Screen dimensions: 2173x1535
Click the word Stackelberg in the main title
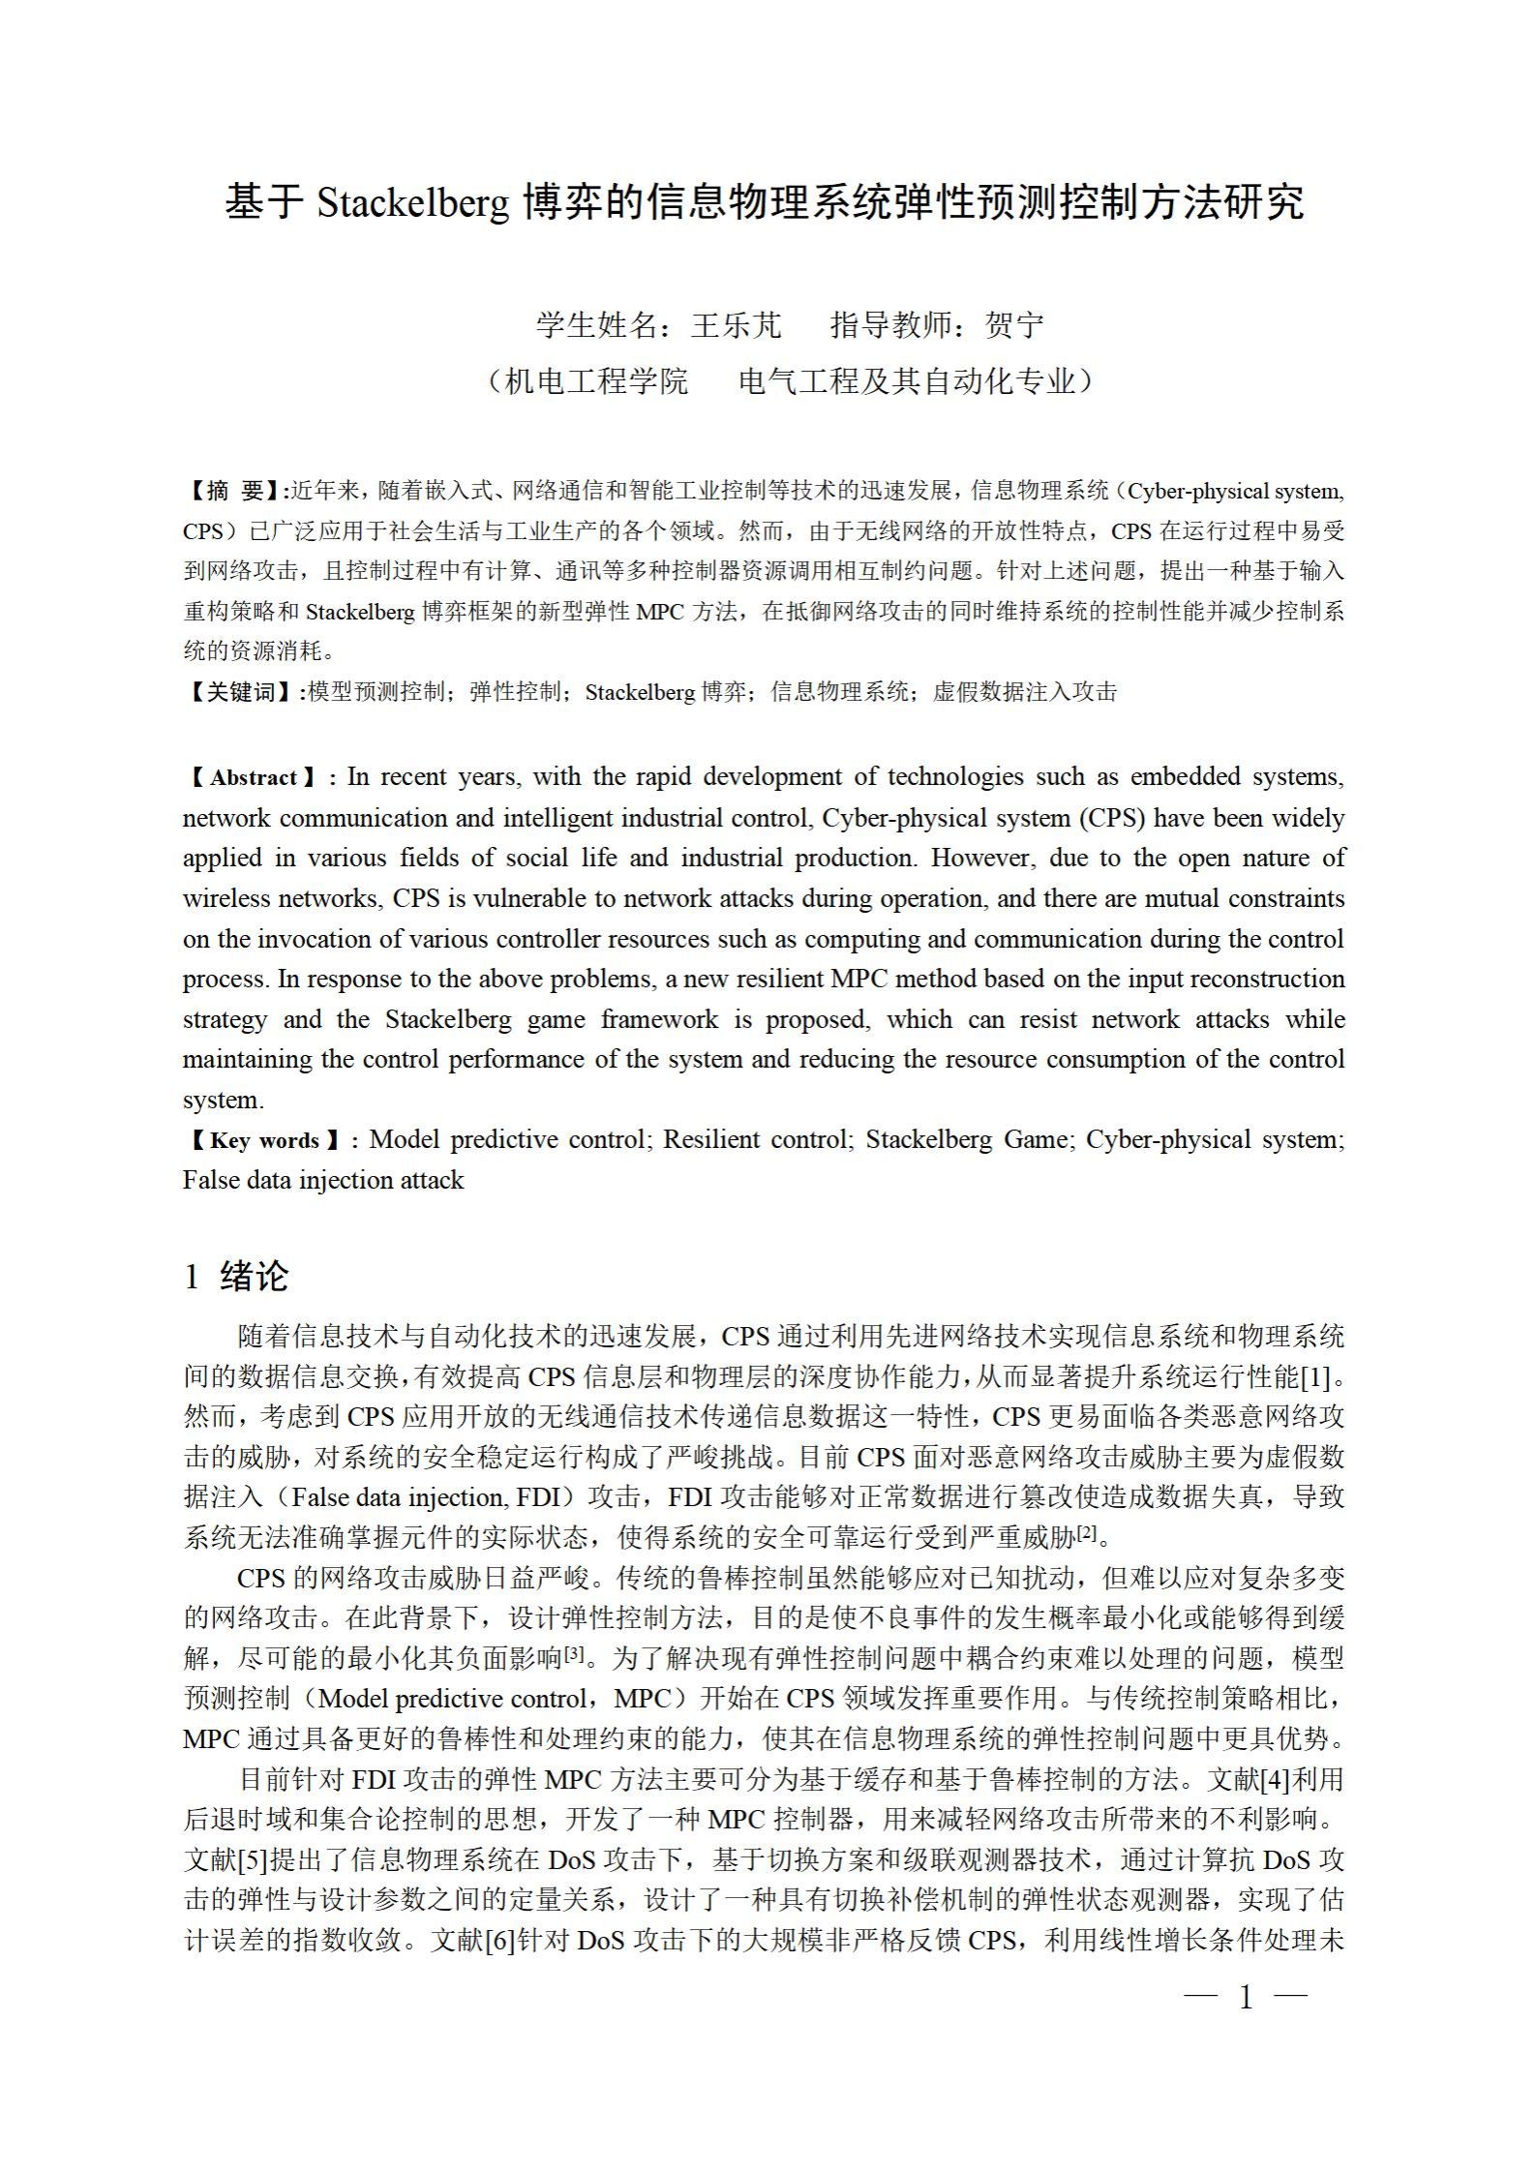point(412,203)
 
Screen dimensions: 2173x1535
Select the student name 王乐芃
point(736,325)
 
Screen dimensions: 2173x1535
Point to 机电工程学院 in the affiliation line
point(597,381)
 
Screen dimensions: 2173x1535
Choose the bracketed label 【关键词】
point(242,692)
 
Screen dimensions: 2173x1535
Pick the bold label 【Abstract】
point(254,778)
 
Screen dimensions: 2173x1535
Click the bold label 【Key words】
point(263,1140)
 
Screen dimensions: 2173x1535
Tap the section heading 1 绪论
point(236,1276)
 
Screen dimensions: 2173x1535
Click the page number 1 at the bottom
point(1246,1995)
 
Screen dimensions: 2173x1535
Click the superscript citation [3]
point(574,1655)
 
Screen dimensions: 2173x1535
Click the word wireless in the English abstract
point(228,898)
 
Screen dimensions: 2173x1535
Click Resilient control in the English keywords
point(756,1140)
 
